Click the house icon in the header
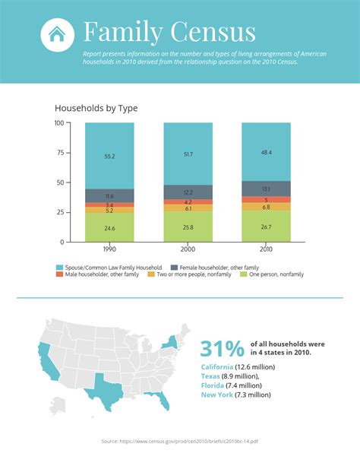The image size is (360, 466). [55, 34]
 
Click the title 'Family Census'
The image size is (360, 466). [169, 33]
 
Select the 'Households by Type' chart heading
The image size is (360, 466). [96, 109]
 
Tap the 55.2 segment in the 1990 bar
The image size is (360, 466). [109, 156]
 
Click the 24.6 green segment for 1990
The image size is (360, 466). [109, 227]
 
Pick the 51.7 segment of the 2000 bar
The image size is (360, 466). [188, 154]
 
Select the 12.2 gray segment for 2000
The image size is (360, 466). [188, 192]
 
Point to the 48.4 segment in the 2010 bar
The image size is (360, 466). [266, 152]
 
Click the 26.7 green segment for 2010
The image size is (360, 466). [266, 227]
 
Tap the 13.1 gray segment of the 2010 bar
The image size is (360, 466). [266, 189]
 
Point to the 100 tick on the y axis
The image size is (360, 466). [59, 123]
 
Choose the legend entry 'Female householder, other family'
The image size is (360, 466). [214, 267]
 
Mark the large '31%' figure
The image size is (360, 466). [223, 348]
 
